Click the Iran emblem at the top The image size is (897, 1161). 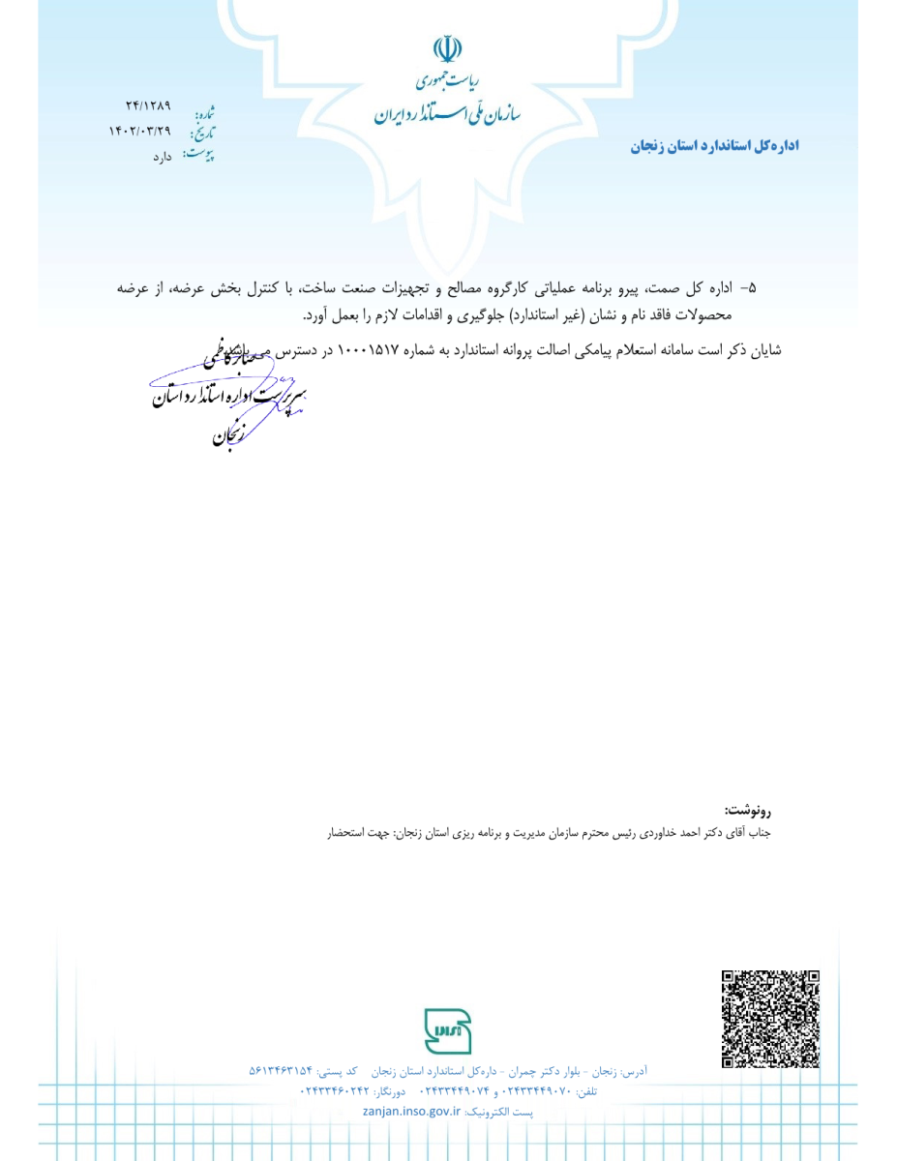(447, 49)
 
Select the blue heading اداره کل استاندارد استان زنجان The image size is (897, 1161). (714, 146)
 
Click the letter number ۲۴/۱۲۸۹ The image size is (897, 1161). (147, 105)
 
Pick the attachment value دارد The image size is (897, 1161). (161, 156)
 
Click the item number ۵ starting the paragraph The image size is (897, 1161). (752, 288)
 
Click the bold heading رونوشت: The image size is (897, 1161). (747, 810)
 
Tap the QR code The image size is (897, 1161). (770, 1019)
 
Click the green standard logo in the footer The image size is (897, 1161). (447, 1031)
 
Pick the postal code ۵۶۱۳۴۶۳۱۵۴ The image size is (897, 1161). (281, 1071)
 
